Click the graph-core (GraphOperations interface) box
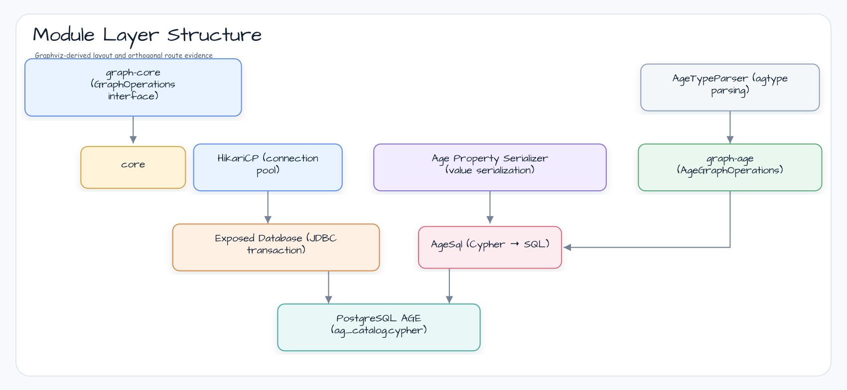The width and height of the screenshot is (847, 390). click(133, 87)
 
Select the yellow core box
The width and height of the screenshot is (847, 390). click(133, 167)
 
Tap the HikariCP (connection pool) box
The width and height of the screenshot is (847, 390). click(268, 167)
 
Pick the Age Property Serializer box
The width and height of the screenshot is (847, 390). click(490, 167)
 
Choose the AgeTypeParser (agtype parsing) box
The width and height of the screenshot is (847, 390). click(730, 87)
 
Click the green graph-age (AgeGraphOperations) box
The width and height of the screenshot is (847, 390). click(730, 167)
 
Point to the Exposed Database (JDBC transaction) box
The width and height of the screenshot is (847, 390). click(276, 248)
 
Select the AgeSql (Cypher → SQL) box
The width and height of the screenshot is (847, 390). click(490, 248)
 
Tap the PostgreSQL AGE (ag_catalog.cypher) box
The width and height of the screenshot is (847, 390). click(379, 327)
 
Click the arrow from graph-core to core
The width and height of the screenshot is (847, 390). click(133, 130)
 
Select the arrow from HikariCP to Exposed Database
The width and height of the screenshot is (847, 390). click(268, 207)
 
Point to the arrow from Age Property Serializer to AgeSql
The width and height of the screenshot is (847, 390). click(490, 207)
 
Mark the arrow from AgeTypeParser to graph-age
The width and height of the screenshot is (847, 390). click(730, 128)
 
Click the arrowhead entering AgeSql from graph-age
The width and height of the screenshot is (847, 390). click(567, 248)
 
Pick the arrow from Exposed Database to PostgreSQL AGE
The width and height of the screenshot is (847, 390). click(329, 287)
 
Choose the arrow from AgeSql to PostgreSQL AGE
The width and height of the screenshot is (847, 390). click(449, 286)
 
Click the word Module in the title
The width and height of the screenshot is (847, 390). click(64, 35)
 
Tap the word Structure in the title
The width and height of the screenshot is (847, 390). click(214, 35)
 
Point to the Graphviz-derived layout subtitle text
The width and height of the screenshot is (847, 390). click(124, 55)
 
